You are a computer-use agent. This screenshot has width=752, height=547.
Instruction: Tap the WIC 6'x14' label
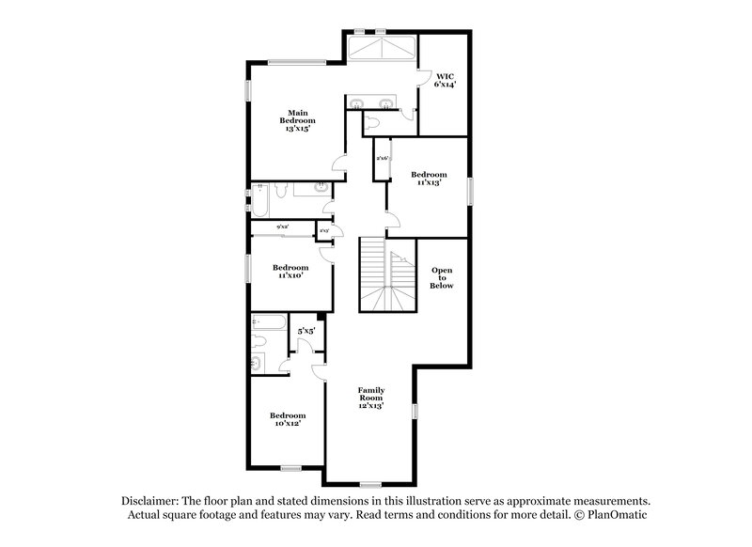tap(444, 80)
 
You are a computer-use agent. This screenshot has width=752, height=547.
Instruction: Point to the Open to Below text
tap(442, 277)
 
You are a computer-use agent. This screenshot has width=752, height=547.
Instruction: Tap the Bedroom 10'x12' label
tap(288, 420)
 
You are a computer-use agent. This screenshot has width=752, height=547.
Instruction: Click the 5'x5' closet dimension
tap(305, 332)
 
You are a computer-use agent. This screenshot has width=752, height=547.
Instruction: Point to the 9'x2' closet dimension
tap(282, 227)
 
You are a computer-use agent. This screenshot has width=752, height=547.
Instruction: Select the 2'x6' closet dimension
tap(383, 158)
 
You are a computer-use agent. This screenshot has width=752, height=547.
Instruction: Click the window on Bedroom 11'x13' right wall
tap(469, 188)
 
